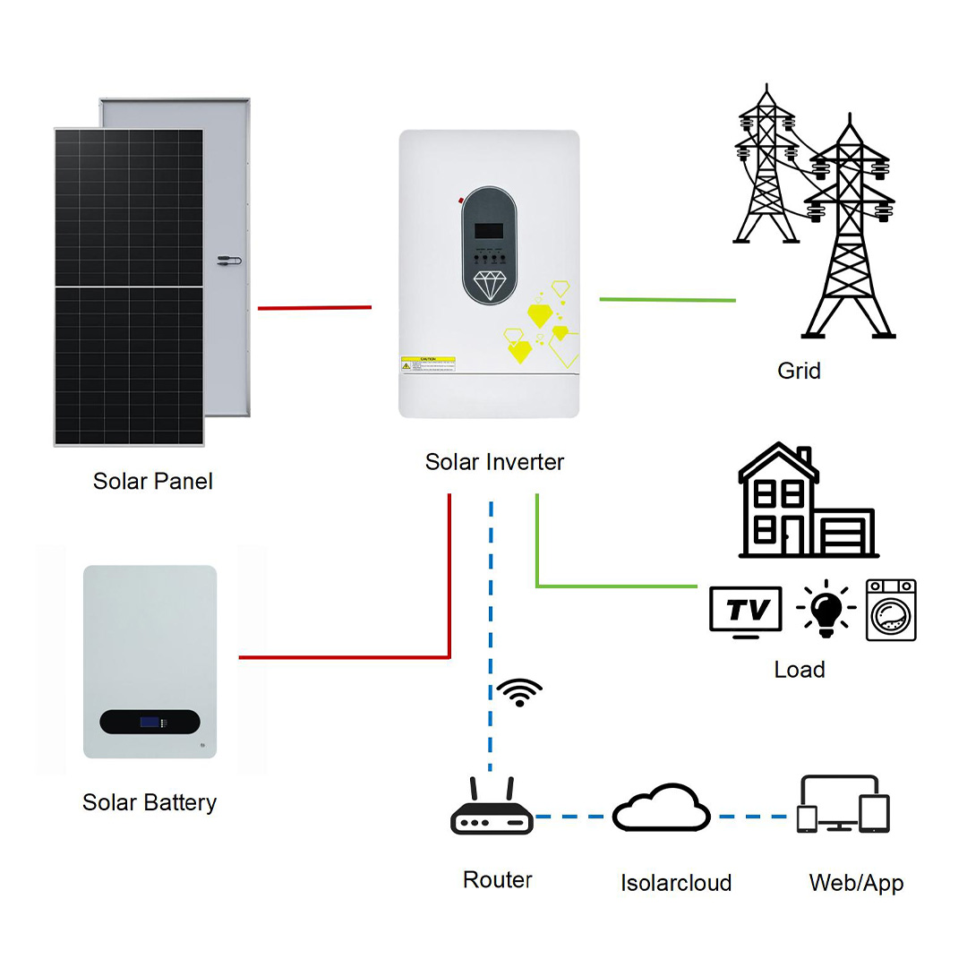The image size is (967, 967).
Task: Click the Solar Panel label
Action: click(x=153, y=481)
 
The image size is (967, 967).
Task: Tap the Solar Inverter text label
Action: click(x=494, y=462)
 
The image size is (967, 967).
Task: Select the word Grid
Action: click(x=799, y=370)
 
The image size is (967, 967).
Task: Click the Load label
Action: click(x=799, y=669)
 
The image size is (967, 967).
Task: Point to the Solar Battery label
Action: click(x=150, y=801)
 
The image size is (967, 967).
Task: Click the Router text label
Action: click(x=497, y=879)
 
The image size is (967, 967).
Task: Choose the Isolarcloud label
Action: click(x=676, y=882)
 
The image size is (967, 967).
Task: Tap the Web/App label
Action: click(x=856, y=882)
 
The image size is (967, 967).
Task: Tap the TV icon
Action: click(x=745, y=612)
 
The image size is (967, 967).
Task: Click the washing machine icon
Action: click(x=891, y=610)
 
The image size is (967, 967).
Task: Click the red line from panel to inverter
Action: click(x=314, y=307)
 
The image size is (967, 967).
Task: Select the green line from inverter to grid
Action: click(x=667, y=300)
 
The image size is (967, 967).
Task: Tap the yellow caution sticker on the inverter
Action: click(x=428, y=364)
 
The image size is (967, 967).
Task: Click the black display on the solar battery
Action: click(x=149, y=721)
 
